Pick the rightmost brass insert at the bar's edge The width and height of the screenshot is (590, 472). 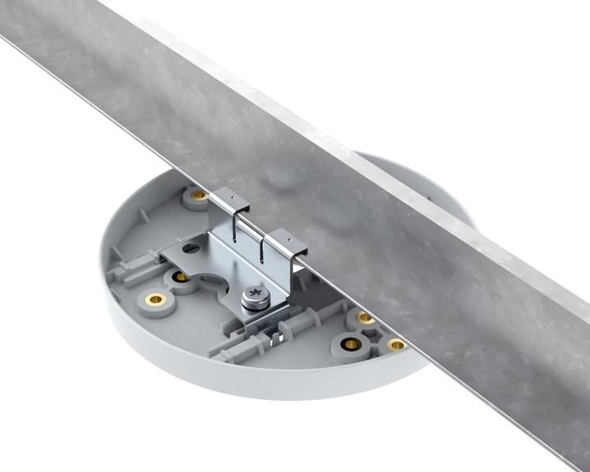click(x=397, y=345)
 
